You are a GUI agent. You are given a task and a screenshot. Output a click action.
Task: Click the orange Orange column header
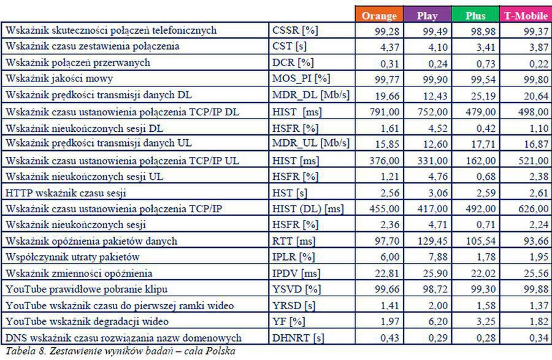380,15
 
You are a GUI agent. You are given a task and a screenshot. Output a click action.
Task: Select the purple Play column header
427,15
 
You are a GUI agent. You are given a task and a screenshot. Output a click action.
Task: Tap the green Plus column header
476,15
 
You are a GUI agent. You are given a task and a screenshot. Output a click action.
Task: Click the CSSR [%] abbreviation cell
295,30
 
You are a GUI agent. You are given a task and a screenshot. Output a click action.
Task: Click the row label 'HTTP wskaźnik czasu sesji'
65,193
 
